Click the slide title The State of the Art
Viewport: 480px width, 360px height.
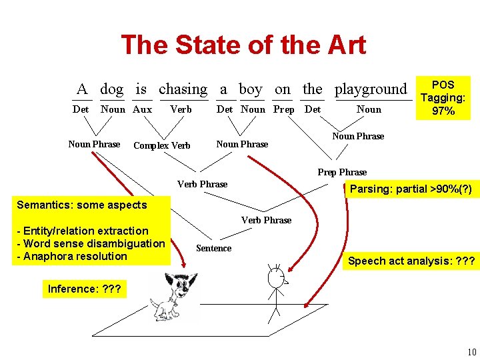pyautogui.click(x=243, y=45)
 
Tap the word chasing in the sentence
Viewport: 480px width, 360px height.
pyautogui.click(x=183, y=89)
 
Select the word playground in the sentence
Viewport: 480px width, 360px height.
pyautogui.click(x=370, y=89)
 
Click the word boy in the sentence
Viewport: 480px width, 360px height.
pyautogui.click(x=250, y=89)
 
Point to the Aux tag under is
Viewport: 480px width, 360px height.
pyautogui.click(x=142, y=109)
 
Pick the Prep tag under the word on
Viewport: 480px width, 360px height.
pyautogui.click(x=283, y=109)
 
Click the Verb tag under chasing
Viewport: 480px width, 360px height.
pyautogui.click(x=181, y=109)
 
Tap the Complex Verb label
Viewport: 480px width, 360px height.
pyautogui.click(x=162, y=145)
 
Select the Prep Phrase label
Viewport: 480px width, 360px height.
pyautogui.click(x=342, y=172)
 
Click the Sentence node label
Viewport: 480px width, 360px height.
pyautogui.click(x=213, y=248)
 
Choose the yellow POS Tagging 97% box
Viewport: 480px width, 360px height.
pyautogui.click(x=443, y=97)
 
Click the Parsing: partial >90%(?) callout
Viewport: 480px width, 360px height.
pyautogui.click(x=411, y=189)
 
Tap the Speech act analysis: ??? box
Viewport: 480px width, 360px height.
pyautogui.click(x=411, y=261)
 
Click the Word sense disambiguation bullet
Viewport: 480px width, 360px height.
pyautogui.click(x=91, y=243)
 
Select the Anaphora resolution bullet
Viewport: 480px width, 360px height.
pyautogui.click(x=72, y=256)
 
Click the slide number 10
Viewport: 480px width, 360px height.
pyautogui.click(x=471, y=352)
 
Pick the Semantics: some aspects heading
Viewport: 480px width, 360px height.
pyautogui.click(x=81, y=205)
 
